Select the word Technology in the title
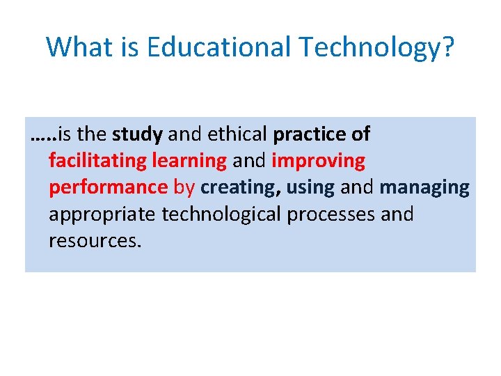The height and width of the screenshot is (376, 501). coord(369,47)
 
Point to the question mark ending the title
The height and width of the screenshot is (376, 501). coord(447,47)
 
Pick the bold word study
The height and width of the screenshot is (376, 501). coord(137,134)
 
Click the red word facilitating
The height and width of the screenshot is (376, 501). coord(97,161)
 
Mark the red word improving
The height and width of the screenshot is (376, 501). coord(318,161)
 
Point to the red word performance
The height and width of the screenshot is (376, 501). coord(108,188)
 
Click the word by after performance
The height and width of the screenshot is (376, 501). coord(184,188)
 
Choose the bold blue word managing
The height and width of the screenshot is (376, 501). coord(424,188)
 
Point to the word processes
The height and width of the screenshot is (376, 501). coord(331,214)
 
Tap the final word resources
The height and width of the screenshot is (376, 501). coord(95,241)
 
